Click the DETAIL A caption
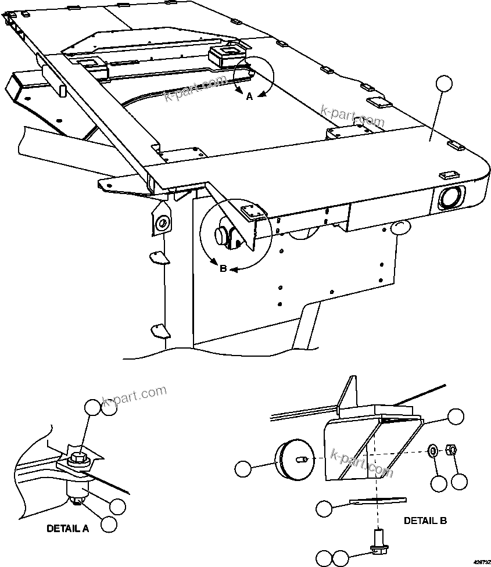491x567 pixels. point(68,529)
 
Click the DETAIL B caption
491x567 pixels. point(425,521)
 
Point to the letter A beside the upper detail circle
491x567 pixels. point(250,97)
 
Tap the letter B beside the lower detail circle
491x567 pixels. point(223,268)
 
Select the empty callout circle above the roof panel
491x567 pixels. point(445,84)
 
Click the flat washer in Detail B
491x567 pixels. point(433,450)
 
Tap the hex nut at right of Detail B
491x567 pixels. point(450,449)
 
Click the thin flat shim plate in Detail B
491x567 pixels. point(378,500)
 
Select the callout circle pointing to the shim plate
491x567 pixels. point(324,509)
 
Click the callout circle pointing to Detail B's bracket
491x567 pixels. point(456,416)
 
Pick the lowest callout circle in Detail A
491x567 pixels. point(109,524)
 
